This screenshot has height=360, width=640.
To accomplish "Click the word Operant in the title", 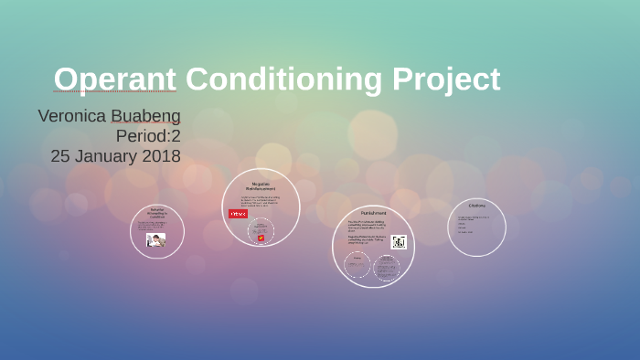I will (x=114, y=79).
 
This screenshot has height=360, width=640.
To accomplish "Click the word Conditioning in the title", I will (x=284, y=79).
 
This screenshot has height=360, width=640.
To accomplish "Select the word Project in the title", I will (x=446, y=79).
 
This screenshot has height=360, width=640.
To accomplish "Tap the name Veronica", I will (x=70, y=116).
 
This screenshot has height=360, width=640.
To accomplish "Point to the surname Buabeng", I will (x=145, y=116).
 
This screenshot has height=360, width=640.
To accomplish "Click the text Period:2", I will (x=148, y=136).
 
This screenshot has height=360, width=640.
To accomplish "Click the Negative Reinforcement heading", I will (x=261, y=185).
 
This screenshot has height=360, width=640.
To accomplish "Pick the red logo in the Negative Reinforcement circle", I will (x=238, y=214).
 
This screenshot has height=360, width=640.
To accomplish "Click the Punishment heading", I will (x=373, y=213).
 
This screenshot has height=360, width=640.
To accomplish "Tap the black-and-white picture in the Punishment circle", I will (x=398, y=242).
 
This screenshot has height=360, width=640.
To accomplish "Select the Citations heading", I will (x=476, y=206).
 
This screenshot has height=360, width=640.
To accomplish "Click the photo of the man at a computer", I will (x=156, y=240).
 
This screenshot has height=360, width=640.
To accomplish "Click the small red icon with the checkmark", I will (x=261, y=238).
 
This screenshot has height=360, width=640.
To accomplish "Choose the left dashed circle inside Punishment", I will (x=357, y=266).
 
